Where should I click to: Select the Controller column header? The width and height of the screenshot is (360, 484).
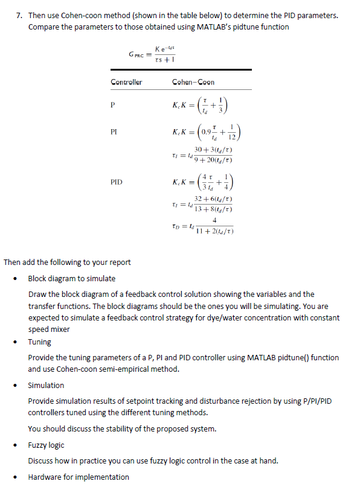(x=126, y=82)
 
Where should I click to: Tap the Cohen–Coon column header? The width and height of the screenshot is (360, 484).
(x=193, y=82)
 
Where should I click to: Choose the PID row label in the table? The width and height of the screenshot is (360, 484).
(x=117, y=180)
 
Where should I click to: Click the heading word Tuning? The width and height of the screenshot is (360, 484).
(x=40, y=342)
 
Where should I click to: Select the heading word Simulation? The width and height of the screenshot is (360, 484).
(x=46, y=385)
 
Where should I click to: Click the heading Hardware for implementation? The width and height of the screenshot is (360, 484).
(x=79, y=477)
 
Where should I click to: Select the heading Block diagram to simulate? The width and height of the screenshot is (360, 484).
(x=72, y=278)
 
